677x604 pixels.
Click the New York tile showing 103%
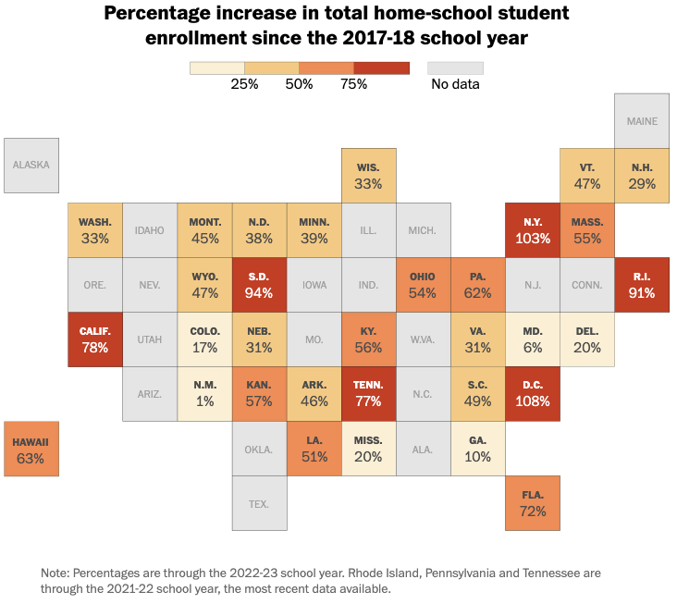point(533,230)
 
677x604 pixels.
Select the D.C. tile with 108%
point(533,394)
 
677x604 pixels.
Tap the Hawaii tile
point(31,449)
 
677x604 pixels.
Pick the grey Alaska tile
point(31,166)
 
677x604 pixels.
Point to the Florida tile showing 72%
point(533,503)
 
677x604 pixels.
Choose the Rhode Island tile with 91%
point(642,285)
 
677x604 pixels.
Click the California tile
point(95,339)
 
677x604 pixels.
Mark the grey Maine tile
point(642,120)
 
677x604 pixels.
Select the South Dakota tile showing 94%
point(260,285)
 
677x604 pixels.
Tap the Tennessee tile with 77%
point(369,394)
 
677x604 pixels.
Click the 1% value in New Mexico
point(205,401)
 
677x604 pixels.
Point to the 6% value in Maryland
point(533,347)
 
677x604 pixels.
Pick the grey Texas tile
point(260,503)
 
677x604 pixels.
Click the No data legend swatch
point(455,68)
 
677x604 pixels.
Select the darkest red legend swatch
point(382,68)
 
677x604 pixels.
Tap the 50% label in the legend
point(299,84)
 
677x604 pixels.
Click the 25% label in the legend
point(244,84)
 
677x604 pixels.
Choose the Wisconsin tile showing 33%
point(369,176)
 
